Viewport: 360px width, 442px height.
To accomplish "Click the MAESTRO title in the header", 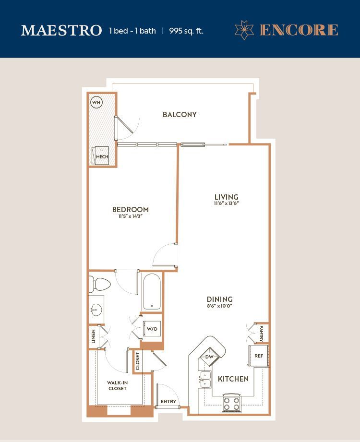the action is tap(61, 30).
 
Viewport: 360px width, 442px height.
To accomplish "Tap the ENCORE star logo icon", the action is tap(244, 30).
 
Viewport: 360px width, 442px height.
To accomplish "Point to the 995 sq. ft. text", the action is tap(186, 31).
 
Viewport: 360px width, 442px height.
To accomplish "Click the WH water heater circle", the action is tap(96, 102).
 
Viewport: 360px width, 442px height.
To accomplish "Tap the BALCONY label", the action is tap(180, 114).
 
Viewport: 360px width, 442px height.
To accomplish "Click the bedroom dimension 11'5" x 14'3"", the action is tap(130, 216).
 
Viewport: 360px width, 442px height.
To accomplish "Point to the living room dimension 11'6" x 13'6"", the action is tap(227, 203).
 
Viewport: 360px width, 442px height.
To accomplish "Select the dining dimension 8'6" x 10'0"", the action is tap(220, 306).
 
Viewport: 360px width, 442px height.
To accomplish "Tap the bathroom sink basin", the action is tap(96, 310).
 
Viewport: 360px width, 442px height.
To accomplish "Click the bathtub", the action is tap(152, 291).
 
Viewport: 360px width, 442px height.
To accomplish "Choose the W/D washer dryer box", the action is tap(152, 329).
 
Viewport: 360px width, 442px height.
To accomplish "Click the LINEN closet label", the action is tap(94, 336).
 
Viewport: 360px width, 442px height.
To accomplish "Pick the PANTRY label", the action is tap(261, 334).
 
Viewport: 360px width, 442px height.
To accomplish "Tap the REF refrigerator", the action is tap(259, 356).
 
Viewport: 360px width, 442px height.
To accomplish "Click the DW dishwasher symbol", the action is tap(209, 357).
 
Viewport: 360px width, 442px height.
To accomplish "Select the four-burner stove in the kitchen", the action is tap(232, 403).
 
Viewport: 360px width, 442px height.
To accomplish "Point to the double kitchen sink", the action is tap(205, 380).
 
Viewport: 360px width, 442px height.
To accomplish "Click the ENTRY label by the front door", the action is tap(168, 401).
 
